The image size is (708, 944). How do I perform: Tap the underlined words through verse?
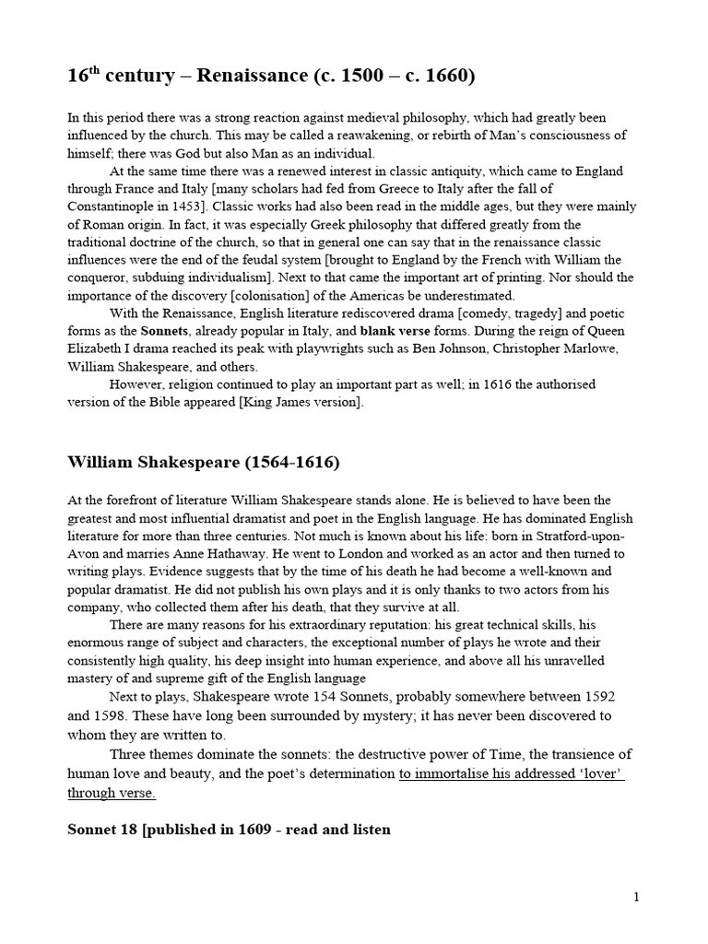112,792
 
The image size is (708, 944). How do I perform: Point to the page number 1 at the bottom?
636,897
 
